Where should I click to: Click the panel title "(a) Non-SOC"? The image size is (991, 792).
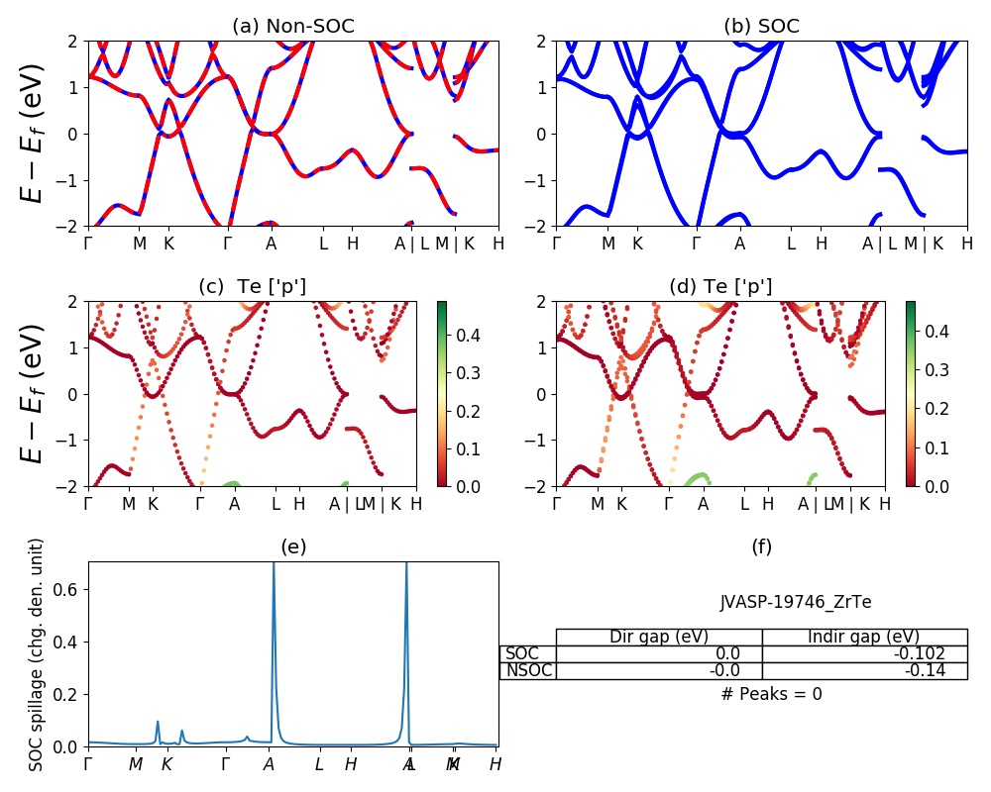click(x=292, y=27)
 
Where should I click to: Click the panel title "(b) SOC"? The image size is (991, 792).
click(x=761, y=27)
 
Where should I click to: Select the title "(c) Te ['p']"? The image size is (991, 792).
click(x=253, y=286)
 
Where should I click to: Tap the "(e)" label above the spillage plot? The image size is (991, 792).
click(x=292, y=546)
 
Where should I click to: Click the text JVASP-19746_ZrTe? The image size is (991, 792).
click(x=796, y=602)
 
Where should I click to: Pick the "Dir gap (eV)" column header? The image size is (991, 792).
click(x=659, y=637)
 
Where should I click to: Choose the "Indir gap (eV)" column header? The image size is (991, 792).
click(x=864, y=637)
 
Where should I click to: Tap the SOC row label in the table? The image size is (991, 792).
click(x=522, y=653)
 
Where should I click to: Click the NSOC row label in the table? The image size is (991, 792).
click(x=528, y=670)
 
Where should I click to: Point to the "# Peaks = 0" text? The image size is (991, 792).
click(x=771, y=694)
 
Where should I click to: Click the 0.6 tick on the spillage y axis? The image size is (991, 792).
click(x=71, y=589)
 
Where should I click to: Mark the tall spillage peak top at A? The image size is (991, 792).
click(x=274, y=564)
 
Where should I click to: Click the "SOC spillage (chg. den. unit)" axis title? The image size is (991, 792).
click(x=37, y=654)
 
